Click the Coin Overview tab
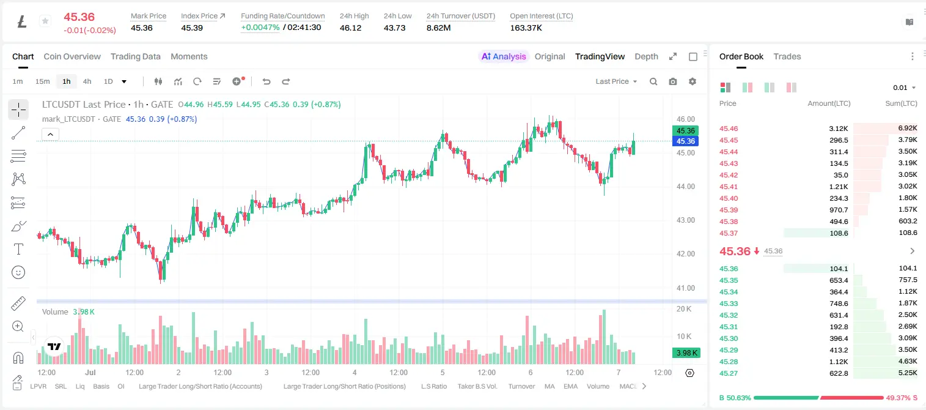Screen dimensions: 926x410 click(x=72, y=56)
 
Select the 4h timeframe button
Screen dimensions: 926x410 click(x=87, y=81)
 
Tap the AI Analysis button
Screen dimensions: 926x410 click(x=504, y=56)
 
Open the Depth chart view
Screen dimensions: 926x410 click(x=646, y=56)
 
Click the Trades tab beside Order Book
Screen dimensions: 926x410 click(x=787, y=56)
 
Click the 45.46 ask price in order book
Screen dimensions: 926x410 click(x=729, y=129)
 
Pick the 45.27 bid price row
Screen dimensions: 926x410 click(x=729, y=373)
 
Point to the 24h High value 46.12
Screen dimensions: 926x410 click(x=351, y=28)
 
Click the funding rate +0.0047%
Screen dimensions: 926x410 click(x=260, y=28)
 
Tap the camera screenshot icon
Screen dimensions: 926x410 click(x=673, y=81)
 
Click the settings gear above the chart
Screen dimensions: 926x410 click(x=693, y=81)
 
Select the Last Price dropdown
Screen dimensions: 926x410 click(x=616, y=81)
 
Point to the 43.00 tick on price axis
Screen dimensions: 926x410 click(x=685, y=220)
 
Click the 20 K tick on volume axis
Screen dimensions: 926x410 click(x=684, y=308)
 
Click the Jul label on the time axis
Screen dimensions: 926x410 click(x=90, y=372)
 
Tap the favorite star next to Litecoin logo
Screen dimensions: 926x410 click(x=45, y=21)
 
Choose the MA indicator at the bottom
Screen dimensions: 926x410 click(x=549, y=386)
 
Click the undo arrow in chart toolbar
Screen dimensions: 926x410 click(x=266, y=81)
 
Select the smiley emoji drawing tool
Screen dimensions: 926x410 click(x=18, y=272)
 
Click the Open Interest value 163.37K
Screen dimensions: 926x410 click(x=526, y=28)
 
